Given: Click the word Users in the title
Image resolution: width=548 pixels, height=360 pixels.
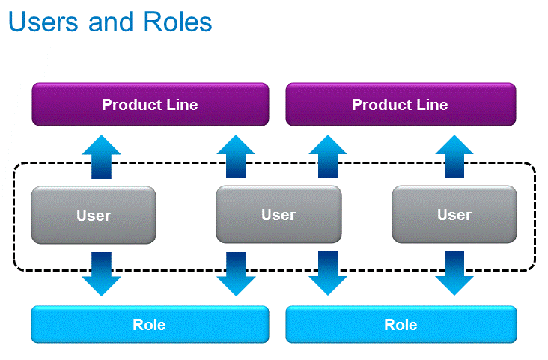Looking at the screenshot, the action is click(x=43, y=22).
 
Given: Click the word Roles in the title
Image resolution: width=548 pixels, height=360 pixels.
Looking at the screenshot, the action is click(x=177, y=22).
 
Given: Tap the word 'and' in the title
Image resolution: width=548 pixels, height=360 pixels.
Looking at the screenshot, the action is click(x=111, y=22).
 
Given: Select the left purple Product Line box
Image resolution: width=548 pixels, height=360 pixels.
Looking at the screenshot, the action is click(x=150, y=104).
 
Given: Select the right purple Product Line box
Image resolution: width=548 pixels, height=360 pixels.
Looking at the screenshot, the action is click(x=401, y=104).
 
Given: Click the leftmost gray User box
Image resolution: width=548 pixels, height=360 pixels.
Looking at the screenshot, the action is click(x=94, y=215).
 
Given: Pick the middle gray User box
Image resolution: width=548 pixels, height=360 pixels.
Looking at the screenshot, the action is click(x=278, y=214).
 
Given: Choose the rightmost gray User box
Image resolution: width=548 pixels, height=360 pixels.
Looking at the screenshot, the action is click(x=454, y=214).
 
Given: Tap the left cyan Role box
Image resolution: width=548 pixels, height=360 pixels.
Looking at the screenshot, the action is click(x=150, y=324).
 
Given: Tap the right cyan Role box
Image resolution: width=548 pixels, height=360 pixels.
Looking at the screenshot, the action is click(x=401, y=324).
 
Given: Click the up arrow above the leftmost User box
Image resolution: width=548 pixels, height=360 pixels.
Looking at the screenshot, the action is click(x=101, y=157).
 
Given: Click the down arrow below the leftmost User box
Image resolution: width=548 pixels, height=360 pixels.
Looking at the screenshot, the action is click(x=101, y=274).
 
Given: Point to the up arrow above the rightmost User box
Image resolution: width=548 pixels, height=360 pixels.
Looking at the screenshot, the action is click(x=454, y=156).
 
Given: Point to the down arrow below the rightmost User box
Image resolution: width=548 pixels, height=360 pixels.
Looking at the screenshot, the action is click(x=454, y=273).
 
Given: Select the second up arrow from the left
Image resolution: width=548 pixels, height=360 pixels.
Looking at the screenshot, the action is click(x=236, y=156).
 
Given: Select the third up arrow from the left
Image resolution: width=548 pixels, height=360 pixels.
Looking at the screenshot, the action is click(x=328, y=156).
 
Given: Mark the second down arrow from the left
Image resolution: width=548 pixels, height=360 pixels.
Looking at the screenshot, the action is click(x=236, y=274).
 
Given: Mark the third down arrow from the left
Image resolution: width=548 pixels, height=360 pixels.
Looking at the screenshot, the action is click(x=328, y=273).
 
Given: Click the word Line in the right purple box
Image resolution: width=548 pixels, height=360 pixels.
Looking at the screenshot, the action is click(x=432, y=105).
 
